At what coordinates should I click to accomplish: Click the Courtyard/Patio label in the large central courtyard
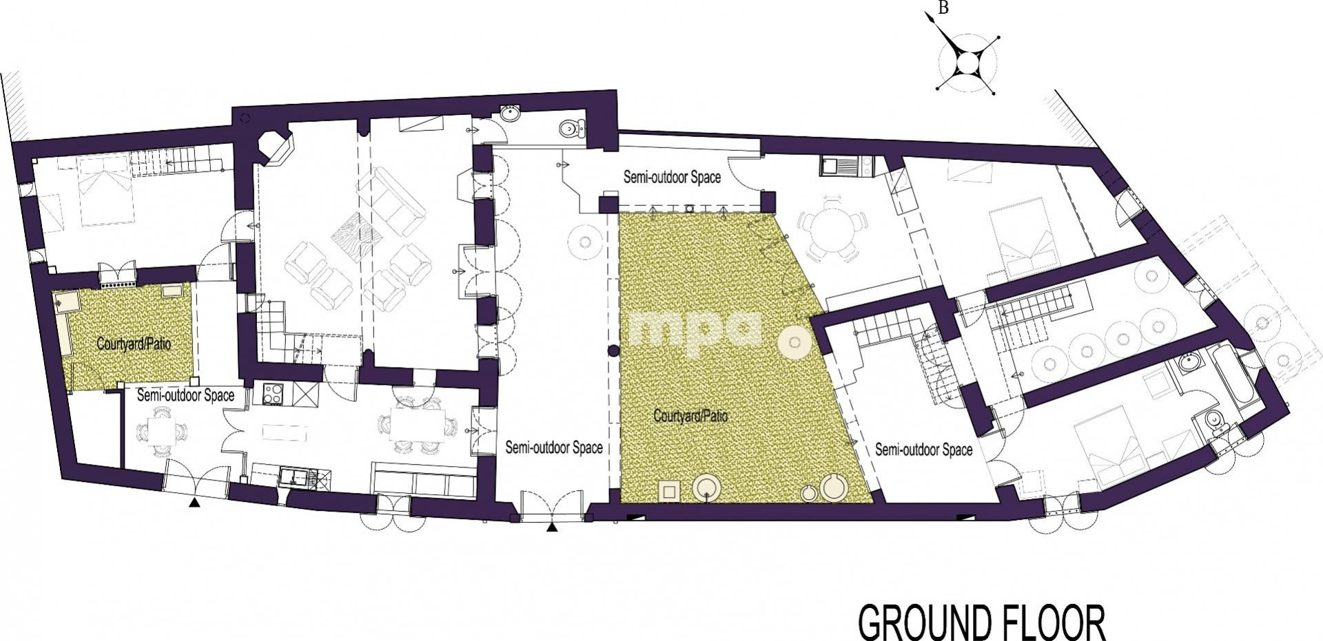690,416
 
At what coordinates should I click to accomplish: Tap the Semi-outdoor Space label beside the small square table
185,396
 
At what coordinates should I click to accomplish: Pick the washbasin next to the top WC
510,113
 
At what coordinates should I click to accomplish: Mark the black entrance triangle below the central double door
551,528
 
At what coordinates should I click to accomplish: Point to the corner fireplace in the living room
274,149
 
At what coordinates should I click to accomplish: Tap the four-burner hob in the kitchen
274,395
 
